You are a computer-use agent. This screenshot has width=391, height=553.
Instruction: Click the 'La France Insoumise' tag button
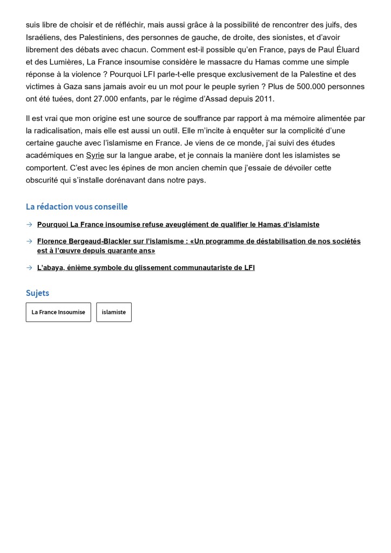pos(58,312)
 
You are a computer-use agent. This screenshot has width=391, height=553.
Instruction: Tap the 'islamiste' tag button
pos(114,312)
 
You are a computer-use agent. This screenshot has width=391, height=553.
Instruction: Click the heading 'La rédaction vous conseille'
pos(77,207)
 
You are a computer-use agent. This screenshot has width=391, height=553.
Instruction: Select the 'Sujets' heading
pos(37,293)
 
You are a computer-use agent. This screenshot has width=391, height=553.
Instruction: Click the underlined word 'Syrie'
pos(95,156)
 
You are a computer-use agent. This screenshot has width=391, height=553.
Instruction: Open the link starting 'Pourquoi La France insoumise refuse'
pos(178,224)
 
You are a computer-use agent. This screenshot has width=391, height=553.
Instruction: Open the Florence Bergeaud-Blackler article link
pos(199,246)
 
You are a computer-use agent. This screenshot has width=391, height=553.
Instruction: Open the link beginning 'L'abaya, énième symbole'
pos(146,267)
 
